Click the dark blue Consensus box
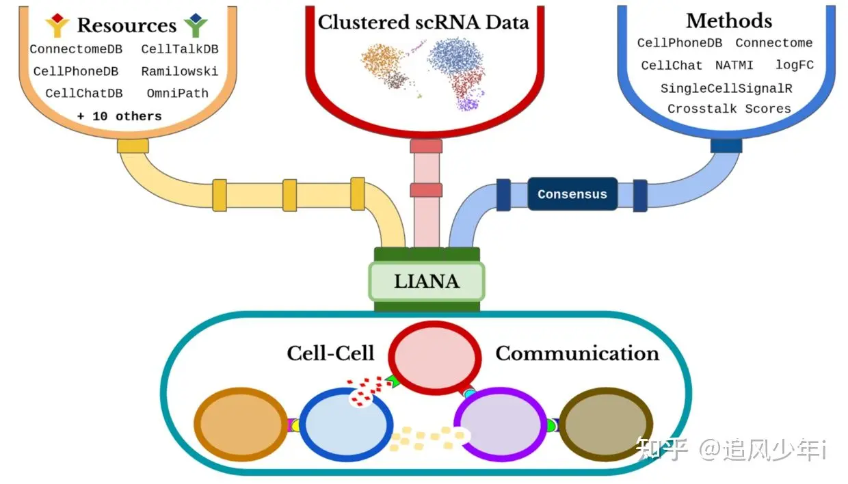click(x=572, y=193)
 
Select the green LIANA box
click(x=427, y=282)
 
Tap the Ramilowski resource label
click(x=180, y=72)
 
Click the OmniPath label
click(x=178, y=93)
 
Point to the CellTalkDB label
click(x=180, y=49)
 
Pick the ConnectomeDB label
click(x=76, y=49)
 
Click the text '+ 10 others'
click(x=119, y=116)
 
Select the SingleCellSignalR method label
click(x=726, y=88)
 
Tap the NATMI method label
click(x=734, y=66)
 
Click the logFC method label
click(x=795, y=65)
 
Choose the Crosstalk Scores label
click(x=729, y=109)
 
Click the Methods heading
click(x=729, y=21)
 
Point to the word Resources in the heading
click(x=127, y=25)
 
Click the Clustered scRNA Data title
click(x=423, y=22)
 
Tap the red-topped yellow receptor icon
click(x=57, y=25)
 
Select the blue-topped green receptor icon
click(x=196, y=25)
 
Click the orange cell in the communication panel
click(x=241, y=425)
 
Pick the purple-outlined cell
click(x=500, y=425)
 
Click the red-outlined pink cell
click(x=435, y=358)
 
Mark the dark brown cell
click(x=606, y=425)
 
